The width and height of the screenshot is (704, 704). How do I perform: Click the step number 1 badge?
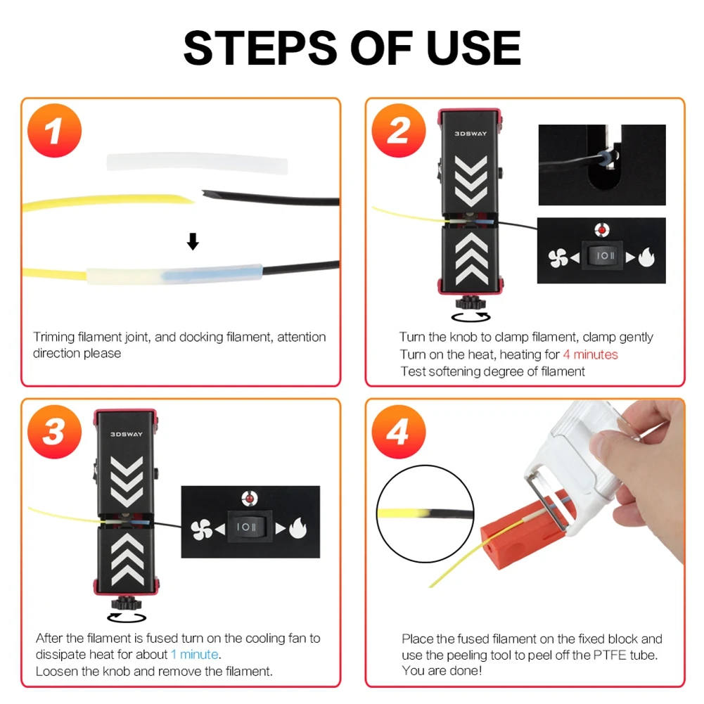click(55, 132)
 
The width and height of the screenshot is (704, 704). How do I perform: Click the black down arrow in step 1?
click(193, 243)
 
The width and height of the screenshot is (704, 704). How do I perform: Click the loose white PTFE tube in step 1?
click(197, 163)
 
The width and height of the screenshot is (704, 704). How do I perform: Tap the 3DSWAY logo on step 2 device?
click(470, 132)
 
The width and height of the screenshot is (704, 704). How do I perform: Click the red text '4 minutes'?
click(590, 354)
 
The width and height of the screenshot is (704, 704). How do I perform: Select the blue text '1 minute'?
click(195, 655)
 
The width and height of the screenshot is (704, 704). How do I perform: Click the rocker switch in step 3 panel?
click(250, 527)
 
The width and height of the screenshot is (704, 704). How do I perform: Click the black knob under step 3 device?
click(127, 603)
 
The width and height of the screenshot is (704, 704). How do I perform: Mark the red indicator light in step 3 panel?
click(249, 499)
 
